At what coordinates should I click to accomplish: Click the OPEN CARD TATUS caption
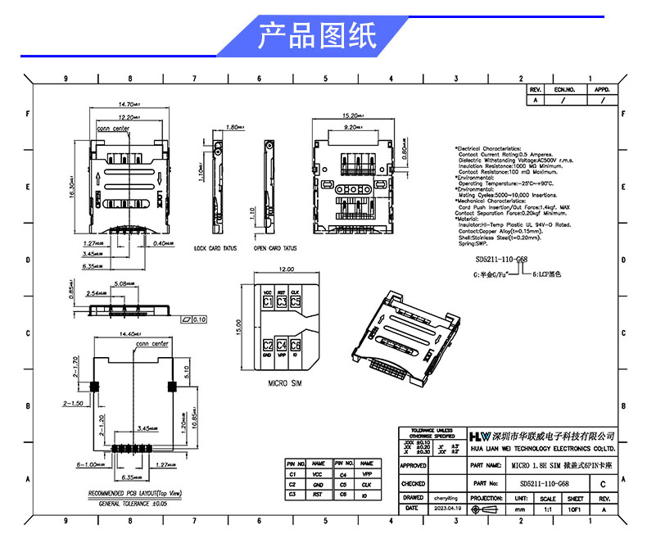click(x=275, y=247)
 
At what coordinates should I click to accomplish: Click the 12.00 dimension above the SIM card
click(x=286, y=269)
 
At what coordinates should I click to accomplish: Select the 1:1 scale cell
click(x=548, y=509)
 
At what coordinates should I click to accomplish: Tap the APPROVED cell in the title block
click(x=414, y=464)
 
